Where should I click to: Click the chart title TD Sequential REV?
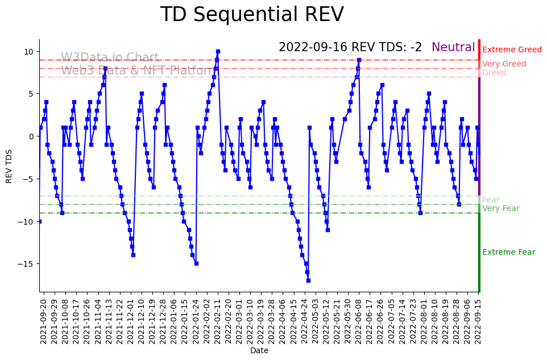pyautogui.click(x=252, y=15)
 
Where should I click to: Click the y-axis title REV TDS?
pyautogui.click(x=9, y=165)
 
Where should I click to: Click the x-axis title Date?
pyautogui.click(x=259, y=351)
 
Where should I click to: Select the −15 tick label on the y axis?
pyautogui.click(x=27, y=264)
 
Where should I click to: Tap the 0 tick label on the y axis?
pyautogui.click(x=32, y=136)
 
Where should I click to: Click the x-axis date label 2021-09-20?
pyautogui.click(x=43, y=320)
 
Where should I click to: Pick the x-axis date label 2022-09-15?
pyautogui.click(x=478, y=320)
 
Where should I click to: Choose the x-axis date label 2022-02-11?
pyautogui.click(x=217, y=320)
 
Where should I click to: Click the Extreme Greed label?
pyautogui.click(x=512, y=50)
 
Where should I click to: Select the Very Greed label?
pyautogui.click(x=504, y=64)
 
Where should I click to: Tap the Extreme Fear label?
pyautogui.click(x=508, y=253)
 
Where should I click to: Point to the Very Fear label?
pyautogui.click(x=501, y=209)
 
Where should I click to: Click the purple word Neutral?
pyautogui.click(x=453, y=48)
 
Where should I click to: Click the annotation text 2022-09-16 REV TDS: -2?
pyautogui.click(x=350, y=48)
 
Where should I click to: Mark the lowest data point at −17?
pyautogui.click(x=308, y=280)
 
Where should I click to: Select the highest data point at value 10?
pyautogui.click(x=218, y=51)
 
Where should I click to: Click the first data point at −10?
pyautogui.click(x=39, y=221)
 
